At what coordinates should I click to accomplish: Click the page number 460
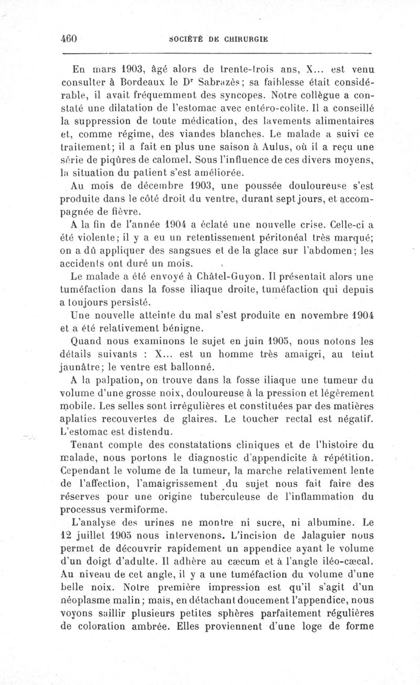coord(69,38)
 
